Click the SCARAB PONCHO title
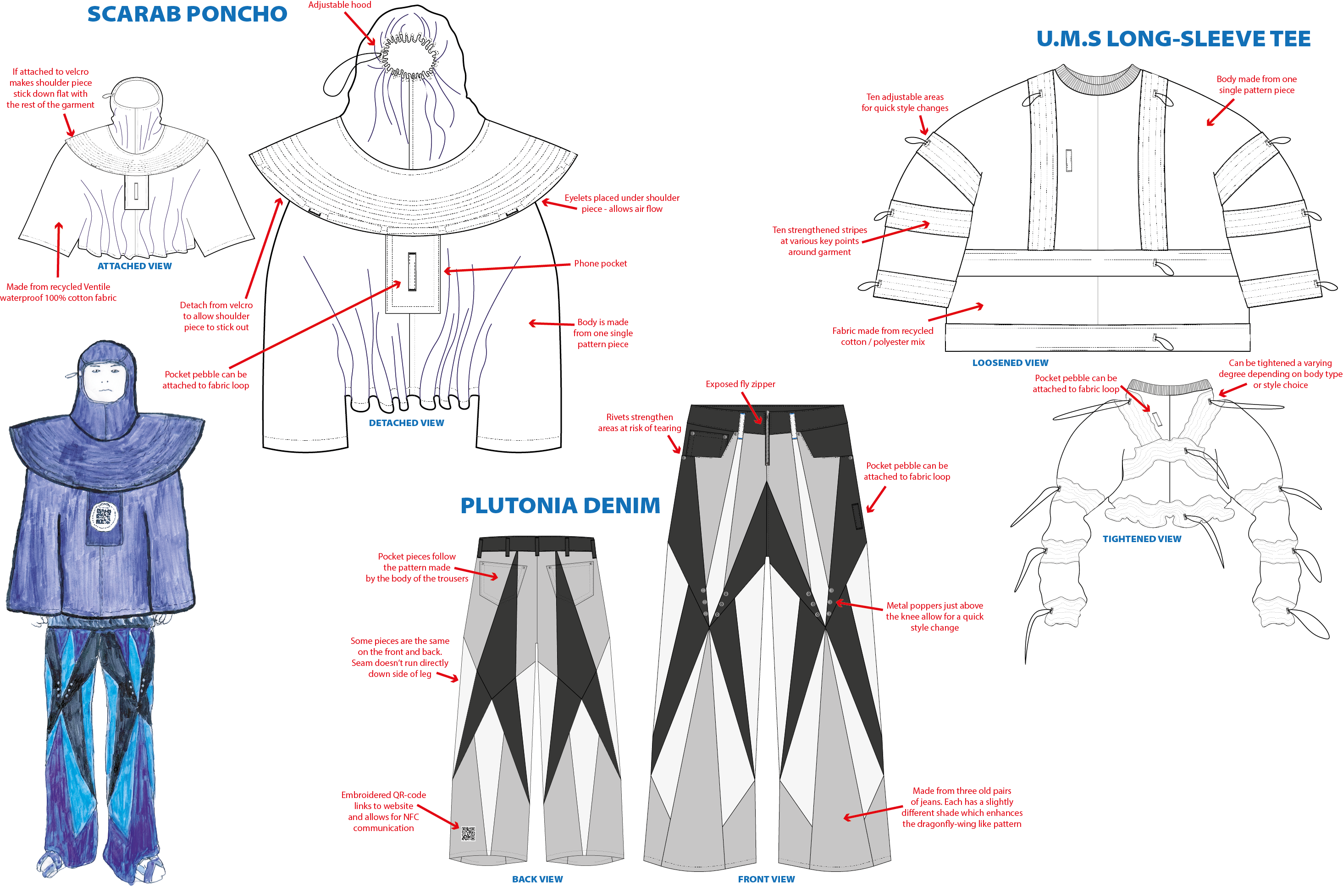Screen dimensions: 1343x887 click(187, 14)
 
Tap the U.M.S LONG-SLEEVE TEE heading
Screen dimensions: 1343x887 click(1173, 39)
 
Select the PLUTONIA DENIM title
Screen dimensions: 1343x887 click(560, 505)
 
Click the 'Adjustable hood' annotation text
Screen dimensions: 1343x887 click(339, 5)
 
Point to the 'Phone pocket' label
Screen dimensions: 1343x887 click(600, 264)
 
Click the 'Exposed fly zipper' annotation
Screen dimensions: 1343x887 click(740, 384)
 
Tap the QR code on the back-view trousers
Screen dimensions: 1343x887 click(468, 833)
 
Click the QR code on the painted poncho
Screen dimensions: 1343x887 click(104, 516)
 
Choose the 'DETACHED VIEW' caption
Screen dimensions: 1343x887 click(406, 423)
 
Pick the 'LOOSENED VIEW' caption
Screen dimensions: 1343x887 click(1010, 363)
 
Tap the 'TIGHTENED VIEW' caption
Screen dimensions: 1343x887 click(1142, 539)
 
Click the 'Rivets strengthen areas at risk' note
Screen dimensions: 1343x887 click(640, 422)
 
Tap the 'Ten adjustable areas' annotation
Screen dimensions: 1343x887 click(905, 102)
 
